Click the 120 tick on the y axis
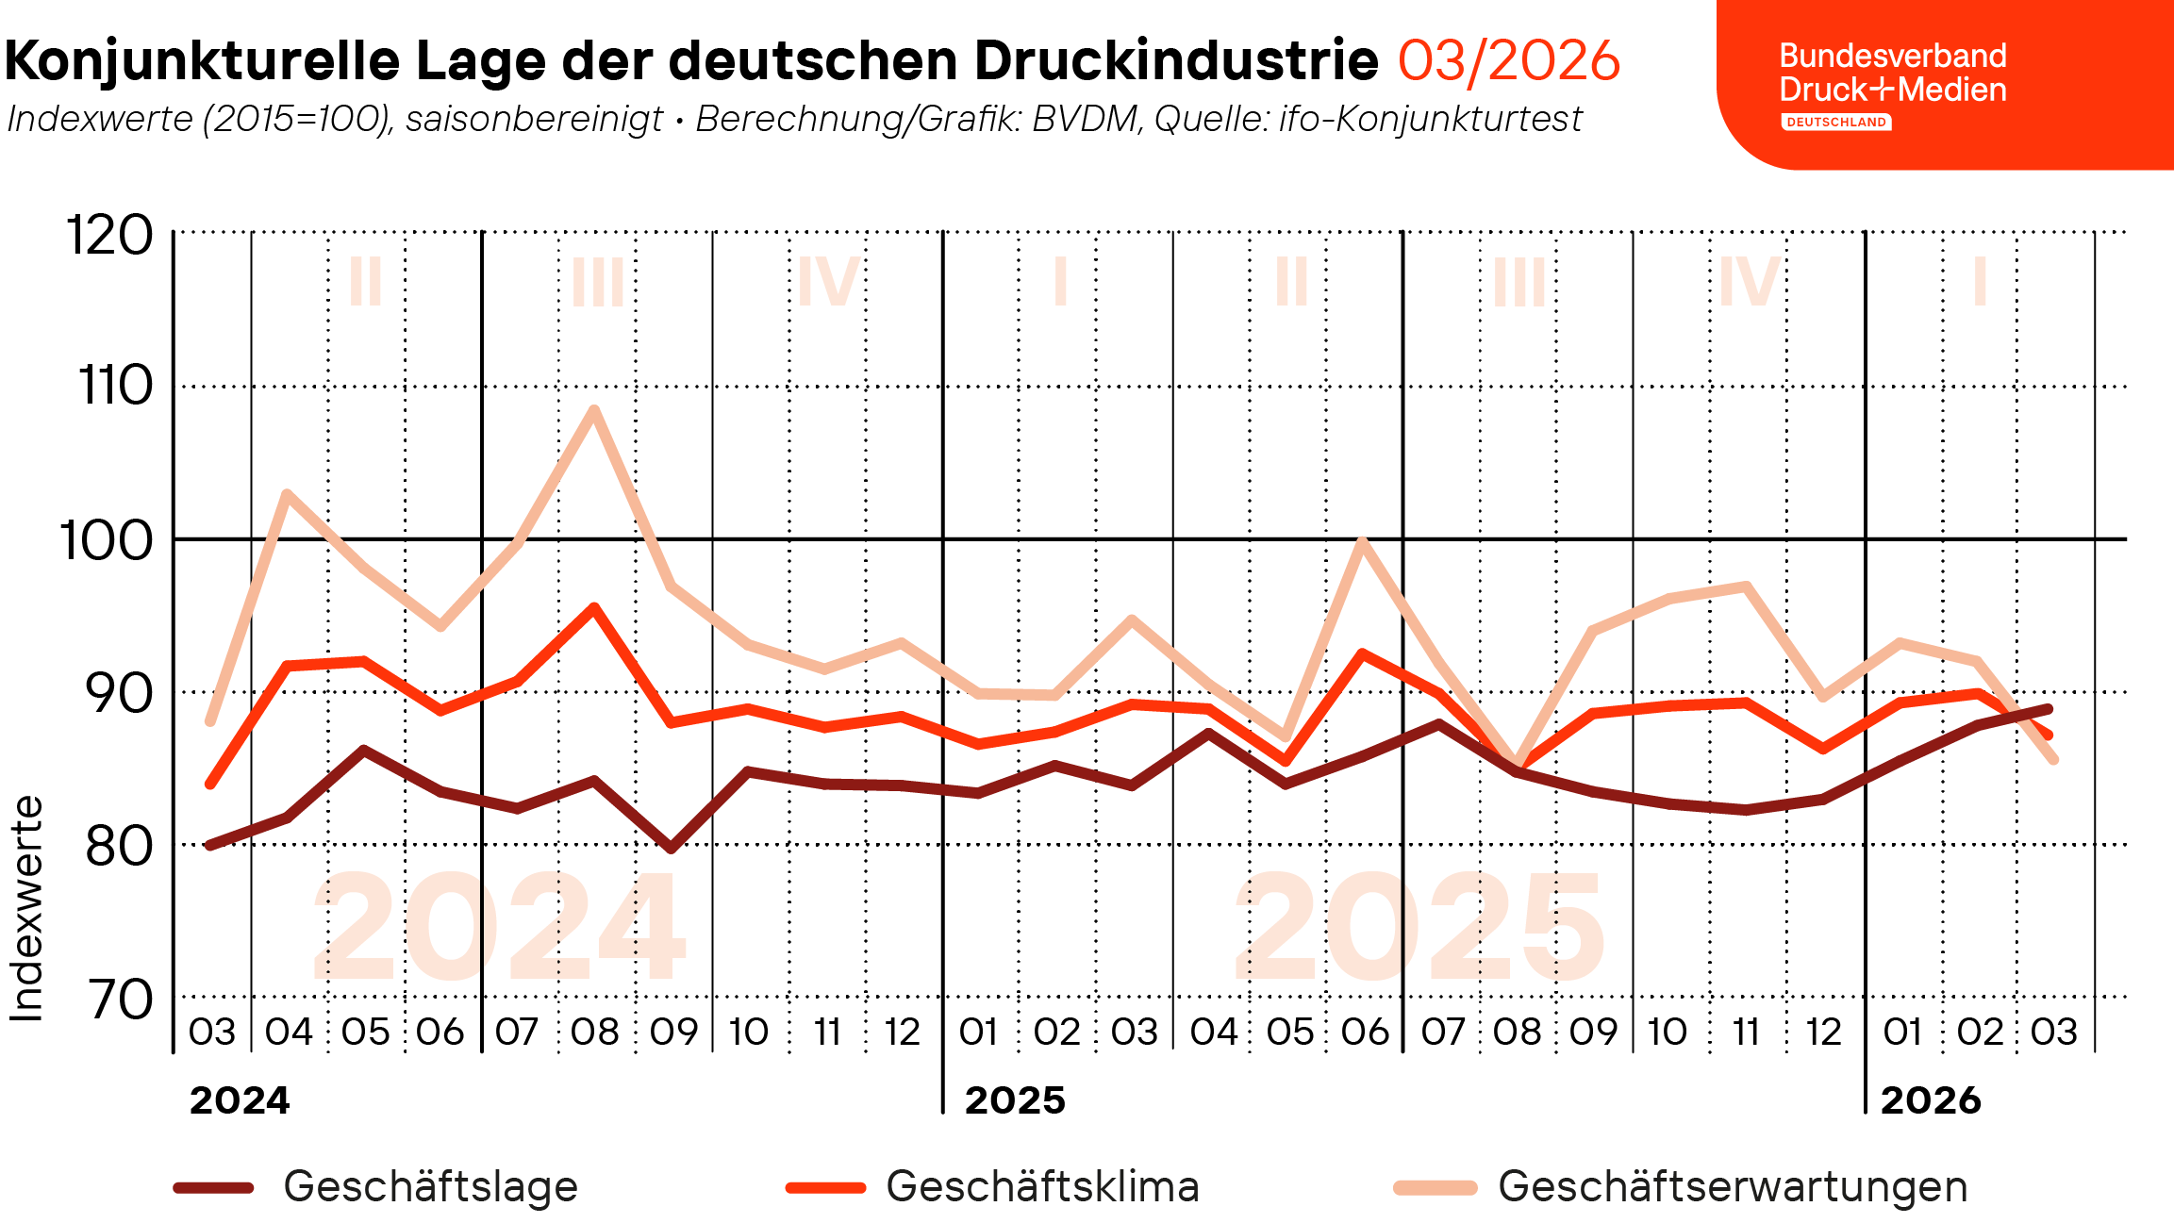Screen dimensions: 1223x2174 coord(109,235)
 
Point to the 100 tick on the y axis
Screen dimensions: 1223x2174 coord(107,541)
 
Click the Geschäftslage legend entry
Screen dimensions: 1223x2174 coord(430,1186)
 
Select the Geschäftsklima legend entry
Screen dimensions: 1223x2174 coord(1042,1186)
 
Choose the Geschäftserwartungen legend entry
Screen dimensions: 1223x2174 coord(1732,1186)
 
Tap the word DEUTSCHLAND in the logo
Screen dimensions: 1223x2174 coord(1835,123)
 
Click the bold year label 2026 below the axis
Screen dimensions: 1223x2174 coord(1931,1100)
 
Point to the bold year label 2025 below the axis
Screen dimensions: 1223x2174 coord(1015,1100)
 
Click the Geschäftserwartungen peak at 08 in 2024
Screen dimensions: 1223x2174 coord(593,409)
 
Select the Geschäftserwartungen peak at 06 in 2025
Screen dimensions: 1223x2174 coord(1362,541)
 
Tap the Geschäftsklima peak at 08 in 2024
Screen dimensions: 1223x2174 coord(593,608)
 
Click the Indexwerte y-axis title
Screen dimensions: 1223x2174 coord(26,909)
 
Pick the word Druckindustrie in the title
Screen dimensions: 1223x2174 coord(1176,61)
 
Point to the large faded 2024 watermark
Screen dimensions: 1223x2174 coord(500,926)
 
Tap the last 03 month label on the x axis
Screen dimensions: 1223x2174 coord(2054,1032)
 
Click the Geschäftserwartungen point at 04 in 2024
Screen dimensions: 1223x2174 coord(287,494)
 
